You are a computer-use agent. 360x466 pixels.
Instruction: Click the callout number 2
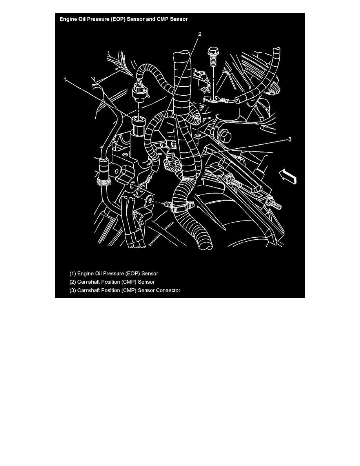coord(200,34)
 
